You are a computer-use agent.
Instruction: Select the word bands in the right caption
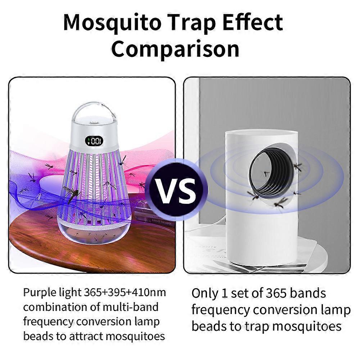point(308,293)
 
